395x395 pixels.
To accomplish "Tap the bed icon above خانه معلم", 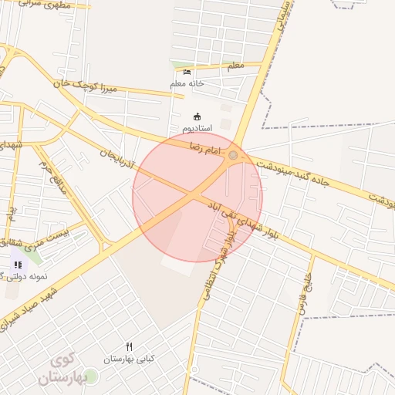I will [187, 72].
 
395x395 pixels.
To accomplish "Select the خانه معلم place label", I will [187, 83].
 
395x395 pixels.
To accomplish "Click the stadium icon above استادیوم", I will [196, 116].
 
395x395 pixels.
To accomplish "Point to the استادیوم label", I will [196, 127].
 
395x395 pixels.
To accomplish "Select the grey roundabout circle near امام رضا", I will [233, 156].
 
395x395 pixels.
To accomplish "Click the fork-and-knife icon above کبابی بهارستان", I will [130, 347].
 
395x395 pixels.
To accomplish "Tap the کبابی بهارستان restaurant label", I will [130, 359].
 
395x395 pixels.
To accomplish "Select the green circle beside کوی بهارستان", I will [91, 376].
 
